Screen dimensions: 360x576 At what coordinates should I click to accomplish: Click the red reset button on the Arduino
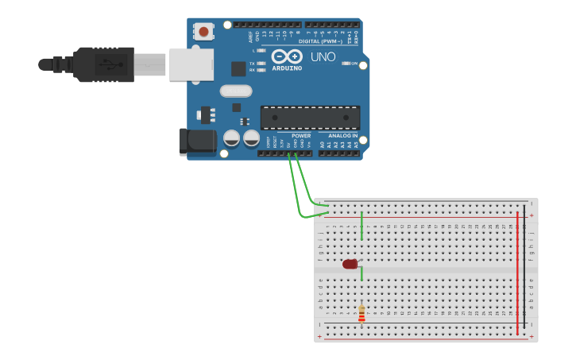(204, 32)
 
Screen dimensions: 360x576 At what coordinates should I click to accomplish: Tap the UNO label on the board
(323, 57)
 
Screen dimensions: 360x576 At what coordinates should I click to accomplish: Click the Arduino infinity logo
(287, 56)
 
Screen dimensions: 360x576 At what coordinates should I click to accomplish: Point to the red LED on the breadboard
(350, 264)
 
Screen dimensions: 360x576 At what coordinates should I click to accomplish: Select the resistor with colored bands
(361, 314)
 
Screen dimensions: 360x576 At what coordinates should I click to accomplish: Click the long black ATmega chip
(310, 118)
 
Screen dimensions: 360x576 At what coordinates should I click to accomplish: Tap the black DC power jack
(198, 141)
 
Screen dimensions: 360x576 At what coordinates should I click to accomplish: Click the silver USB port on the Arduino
(191, 64)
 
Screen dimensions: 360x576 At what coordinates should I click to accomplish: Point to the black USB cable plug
(103, 64)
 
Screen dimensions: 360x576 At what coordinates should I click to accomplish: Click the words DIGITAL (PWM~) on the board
(322, 41)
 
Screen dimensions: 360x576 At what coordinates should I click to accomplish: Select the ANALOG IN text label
(343, 136)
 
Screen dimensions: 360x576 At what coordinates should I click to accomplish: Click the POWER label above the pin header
(301, 136)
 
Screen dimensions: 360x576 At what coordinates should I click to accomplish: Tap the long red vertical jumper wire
(517, 270)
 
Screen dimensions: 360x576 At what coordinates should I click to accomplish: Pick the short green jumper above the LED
(361, 225)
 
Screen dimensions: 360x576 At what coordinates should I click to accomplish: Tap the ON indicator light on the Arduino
(345, 63)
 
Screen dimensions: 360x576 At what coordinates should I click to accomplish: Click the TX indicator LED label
(253, 63)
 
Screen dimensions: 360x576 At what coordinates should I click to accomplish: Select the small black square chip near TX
(238, 69)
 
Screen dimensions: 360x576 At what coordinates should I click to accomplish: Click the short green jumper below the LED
(361, 273)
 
